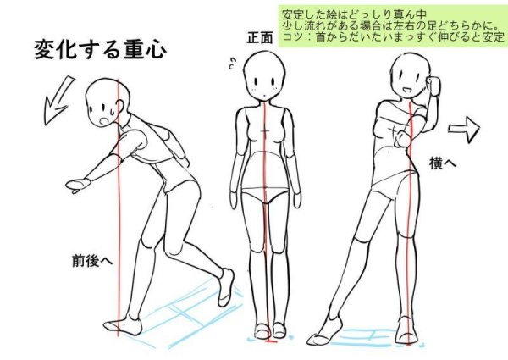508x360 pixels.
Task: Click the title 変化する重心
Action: [100, 50]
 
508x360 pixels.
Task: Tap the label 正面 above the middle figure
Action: [260, 37]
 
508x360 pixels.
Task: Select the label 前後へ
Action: [92, 261]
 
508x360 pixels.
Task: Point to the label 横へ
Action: [443, 163]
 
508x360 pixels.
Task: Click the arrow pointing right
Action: [464, 129]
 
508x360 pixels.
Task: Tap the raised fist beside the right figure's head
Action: [433, 85]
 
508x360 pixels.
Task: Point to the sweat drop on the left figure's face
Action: [112, 112]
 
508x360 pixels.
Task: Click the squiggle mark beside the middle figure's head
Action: [232, 64]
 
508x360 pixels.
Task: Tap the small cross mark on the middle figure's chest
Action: [265, 131]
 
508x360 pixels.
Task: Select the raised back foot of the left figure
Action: [226, 287]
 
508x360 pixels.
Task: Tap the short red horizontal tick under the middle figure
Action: [270, 341]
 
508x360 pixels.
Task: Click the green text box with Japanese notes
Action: [392, 26]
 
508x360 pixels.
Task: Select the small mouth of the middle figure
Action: [265, 95]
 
